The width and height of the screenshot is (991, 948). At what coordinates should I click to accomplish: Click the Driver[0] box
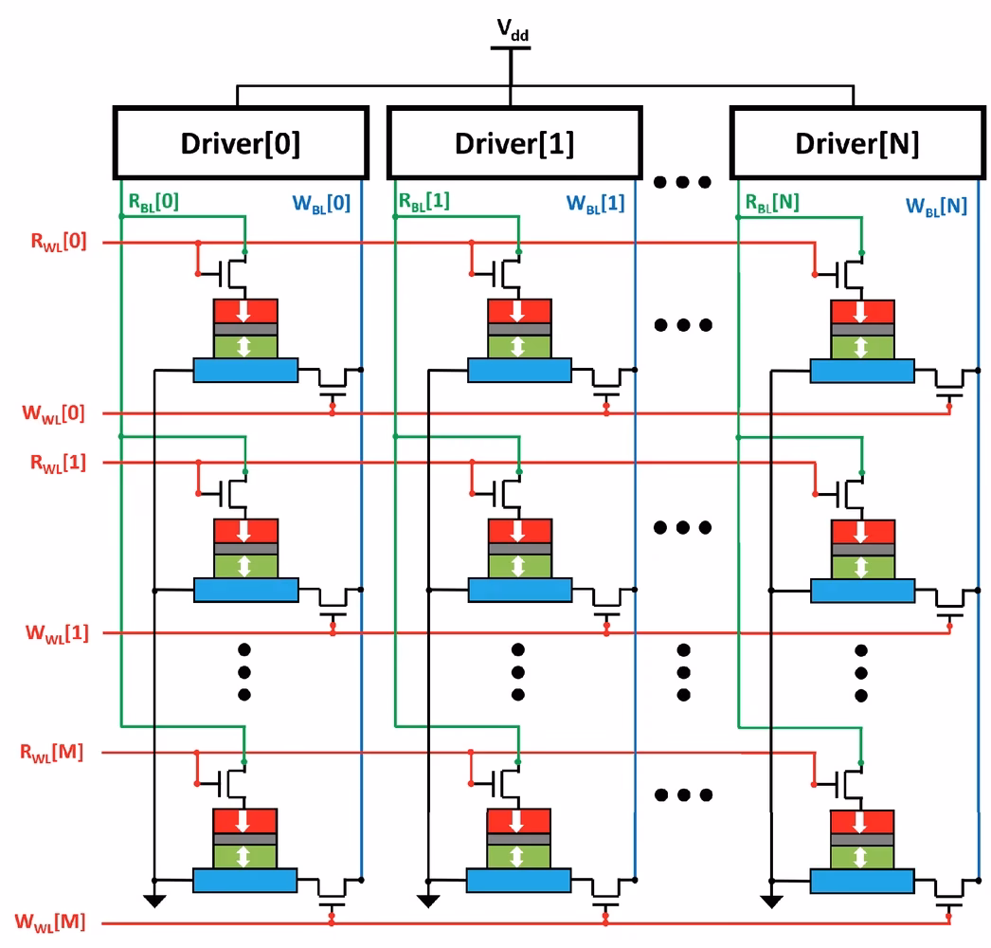(x=241, y=143)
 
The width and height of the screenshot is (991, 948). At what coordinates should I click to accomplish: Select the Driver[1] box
(x=514, y=143)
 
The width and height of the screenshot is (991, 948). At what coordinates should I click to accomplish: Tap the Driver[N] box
(x=856, y=143)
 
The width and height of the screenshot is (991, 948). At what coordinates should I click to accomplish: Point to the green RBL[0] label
(x=153, y=201)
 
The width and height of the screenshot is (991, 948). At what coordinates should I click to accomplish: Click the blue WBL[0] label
(x=323, y=204)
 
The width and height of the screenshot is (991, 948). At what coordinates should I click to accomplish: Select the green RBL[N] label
(x=771, y=202)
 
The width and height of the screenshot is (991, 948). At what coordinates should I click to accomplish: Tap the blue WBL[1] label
(x=595, y=204)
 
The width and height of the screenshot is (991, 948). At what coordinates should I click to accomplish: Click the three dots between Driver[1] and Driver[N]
(x=682, y=181)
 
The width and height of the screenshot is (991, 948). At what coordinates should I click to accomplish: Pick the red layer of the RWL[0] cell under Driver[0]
(x=245, y=311)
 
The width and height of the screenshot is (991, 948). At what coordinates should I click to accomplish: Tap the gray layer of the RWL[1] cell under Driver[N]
(x=861, y=549)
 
